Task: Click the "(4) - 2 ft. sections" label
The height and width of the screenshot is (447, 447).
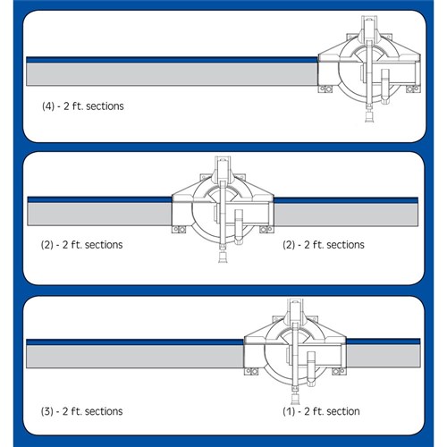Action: [82, 106]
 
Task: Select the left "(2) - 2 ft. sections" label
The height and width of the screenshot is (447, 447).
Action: [82, 244]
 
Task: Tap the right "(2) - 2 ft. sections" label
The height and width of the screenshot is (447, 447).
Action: [323, 244]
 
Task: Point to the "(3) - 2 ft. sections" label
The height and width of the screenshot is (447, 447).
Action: [82, 411]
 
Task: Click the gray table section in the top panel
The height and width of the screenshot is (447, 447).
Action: [170, 72]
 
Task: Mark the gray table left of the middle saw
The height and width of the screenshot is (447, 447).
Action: [98, 214]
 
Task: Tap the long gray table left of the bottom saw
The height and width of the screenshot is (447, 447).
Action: [134, 357]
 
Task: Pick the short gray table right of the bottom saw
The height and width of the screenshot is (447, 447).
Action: [380, 357]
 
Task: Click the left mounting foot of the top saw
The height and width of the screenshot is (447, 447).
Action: [328, 89]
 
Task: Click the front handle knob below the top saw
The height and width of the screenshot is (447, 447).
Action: [368, 117]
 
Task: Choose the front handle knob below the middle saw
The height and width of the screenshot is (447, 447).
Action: [220, 258]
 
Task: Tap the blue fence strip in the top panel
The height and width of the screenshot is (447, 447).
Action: [170, 58]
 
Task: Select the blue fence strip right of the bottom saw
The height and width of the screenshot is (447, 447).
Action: [380, 341]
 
